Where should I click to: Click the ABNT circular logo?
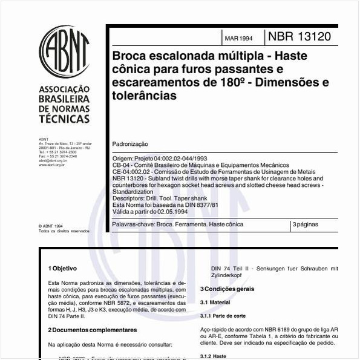pyautogui.click(x=64, y=50)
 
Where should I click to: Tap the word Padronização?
pyautogui.click(x=130, y=145)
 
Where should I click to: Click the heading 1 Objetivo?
pyautogui.click(x=62, y=267)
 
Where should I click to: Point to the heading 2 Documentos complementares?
pyautogui.click(x=92, y=330)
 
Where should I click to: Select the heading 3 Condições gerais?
pyautogui.click(x=227, y=289)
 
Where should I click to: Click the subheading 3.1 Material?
pyautogui.click(x=215, y=302)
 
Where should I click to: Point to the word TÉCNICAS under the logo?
pyautogui.click(x=64, y=120)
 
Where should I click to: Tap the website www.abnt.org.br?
pyautogui.click(x=51, y=165)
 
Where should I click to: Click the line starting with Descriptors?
pyautogui.click(x=161, y=198)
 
